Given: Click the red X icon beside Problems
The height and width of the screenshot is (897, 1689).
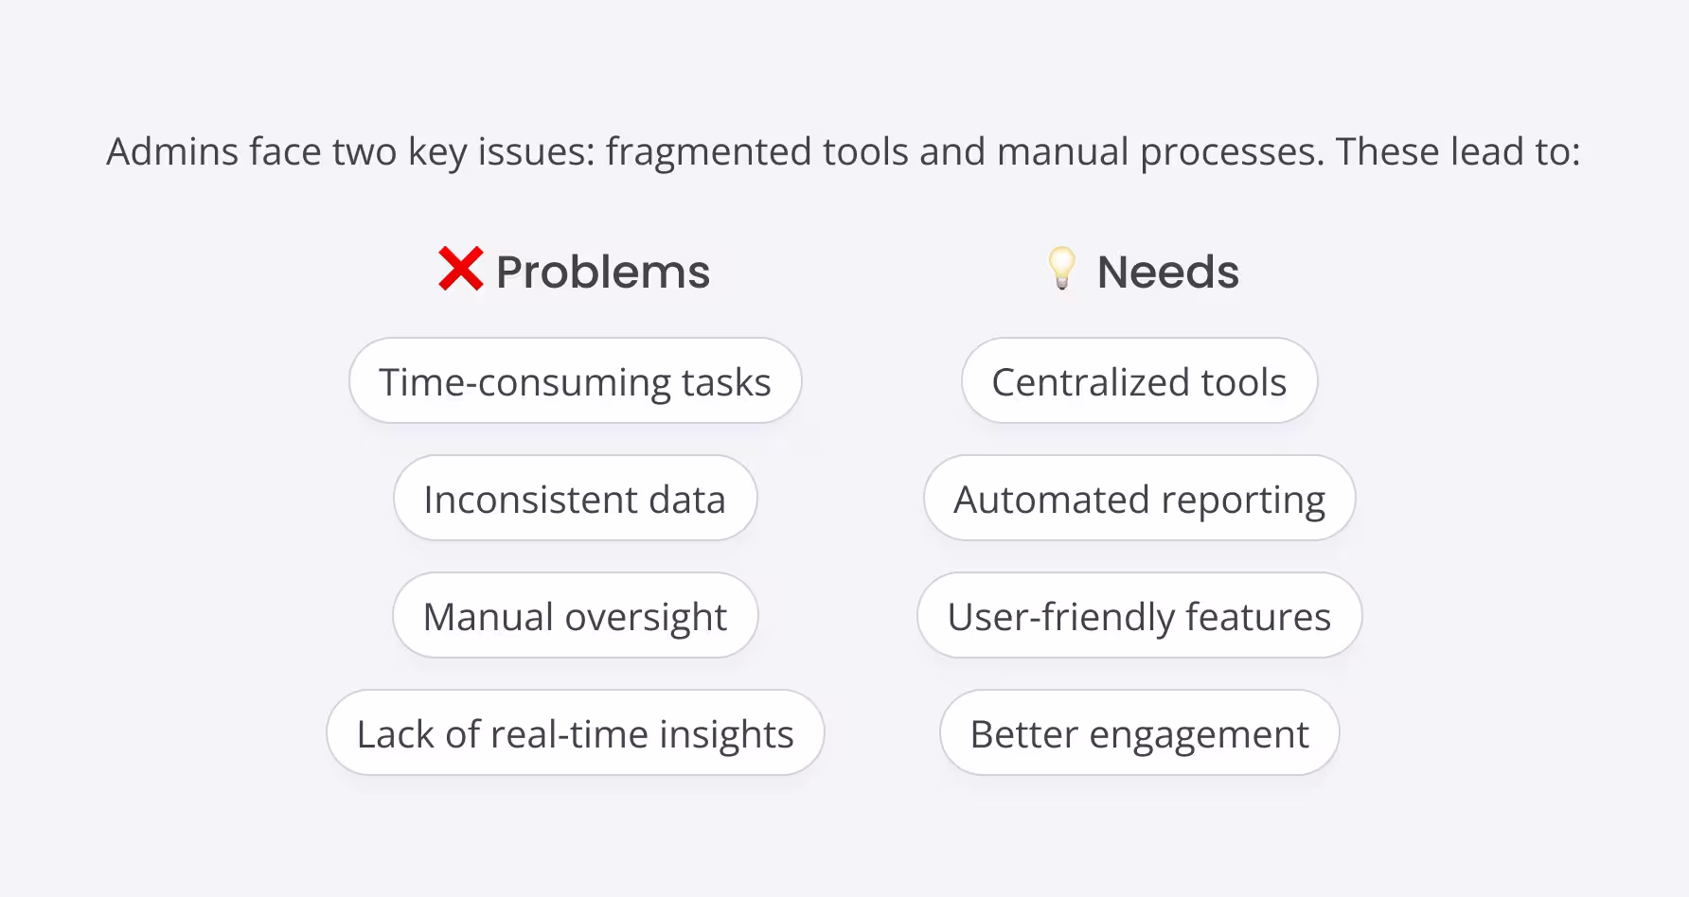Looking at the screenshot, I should (461, 270).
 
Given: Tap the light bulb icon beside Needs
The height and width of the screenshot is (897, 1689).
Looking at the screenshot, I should (1061, 269).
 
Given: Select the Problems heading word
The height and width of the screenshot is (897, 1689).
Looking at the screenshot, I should (603, 273).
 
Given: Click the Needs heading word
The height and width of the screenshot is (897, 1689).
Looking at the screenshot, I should (1167, 273).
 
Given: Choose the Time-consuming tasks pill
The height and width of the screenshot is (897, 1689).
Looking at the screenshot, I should (575, 381).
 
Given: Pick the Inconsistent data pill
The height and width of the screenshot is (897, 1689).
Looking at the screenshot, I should (575, 499).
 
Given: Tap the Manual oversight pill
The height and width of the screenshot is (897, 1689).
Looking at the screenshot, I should (575, 616).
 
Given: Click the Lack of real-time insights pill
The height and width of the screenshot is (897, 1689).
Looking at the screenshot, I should (575, 733).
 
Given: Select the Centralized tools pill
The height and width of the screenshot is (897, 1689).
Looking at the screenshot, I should (1139, 381).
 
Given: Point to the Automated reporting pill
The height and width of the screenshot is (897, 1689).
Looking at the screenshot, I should (1139, 499).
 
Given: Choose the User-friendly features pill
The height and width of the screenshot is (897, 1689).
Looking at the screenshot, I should (1139, 616).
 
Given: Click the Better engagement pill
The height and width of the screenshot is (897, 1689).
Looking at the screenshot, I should (1139, 733).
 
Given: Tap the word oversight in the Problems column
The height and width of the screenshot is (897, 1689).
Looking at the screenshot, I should (646, 618).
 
